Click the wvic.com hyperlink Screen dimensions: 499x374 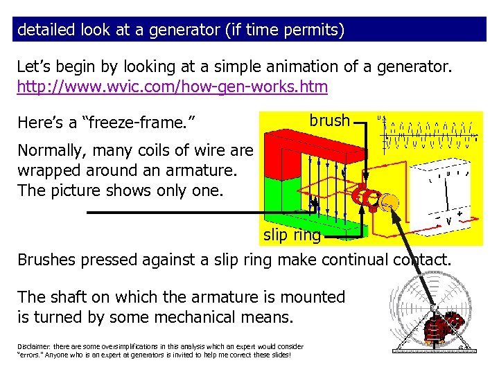click(173, 87)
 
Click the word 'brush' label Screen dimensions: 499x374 click(329, 121)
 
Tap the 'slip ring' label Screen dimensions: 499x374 click(292, 235)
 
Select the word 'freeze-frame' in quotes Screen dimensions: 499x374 click(139, 123)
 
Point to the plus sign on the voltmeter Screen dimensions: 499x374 click(460, 215)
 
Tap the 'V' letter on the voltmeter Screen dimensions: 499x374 click(449, 221)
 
